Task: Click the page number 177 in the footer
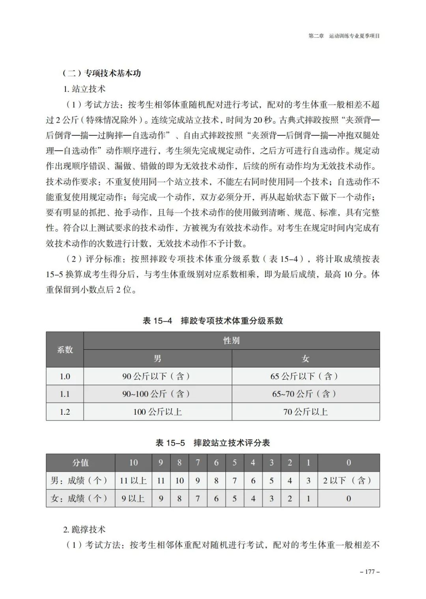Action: tap(370, 572)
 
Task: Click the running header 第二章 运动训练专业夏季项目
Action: tap(344, 36)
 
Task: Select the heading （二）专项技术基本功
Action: tap(101, 73)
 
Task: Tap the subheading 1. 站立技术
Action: tap(84, 89)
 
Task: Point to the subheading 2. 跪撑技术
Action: tap(84, 530)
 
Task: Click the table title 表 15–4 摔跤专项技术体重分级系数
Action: tap(213, 321)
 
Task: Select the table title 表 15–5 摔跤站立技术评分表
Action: tap(213, 443)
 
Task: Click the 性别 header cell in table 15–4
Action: tap(232, 341)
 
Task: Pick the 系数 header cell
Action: tap(65, 350)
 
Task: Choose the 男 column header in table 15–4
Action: tap(157, 359)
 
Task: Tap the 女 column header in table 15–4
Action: tap(306, 359)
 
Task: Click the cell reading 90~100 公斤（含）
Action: tap(157, 394)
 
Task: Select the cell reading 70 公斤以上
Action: tap(306, 412)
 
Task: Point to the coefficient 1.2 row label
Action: tap(65, 412)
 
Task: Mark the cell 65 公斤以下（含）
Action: tap(306, 376)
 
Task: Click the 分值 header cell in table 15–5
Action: tap(80, 463)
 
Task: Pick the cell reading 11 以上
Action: tap(133, 481)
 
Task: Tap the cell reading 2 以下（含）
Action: tap(348, 481)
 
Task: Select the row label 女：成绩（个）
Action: tap(80, 499)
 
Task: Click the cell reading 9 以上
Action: tap(133, 499)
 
